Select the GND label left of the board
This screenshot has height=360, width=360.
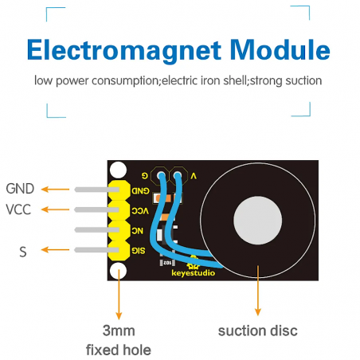point(20,190)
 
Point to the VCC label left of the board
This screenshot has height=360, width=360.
point(19,210)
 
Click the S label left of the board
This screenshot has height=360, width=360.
point(22,251)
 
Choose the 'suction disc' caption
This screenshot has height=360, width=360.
point(257,331)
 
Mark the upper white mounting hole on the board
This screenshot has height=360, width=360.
point(119,170)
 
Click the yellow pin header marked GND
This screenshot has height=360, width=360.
point(119,190)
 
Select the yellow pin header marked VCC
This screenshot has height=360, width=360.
point(119,210)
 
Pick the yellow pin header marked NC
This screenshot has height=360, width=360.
point(119,231)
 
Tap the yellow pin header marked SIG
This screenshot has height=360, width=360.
point(119,251)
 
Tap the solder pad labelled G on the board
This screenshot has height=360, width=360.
point(161,174)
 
